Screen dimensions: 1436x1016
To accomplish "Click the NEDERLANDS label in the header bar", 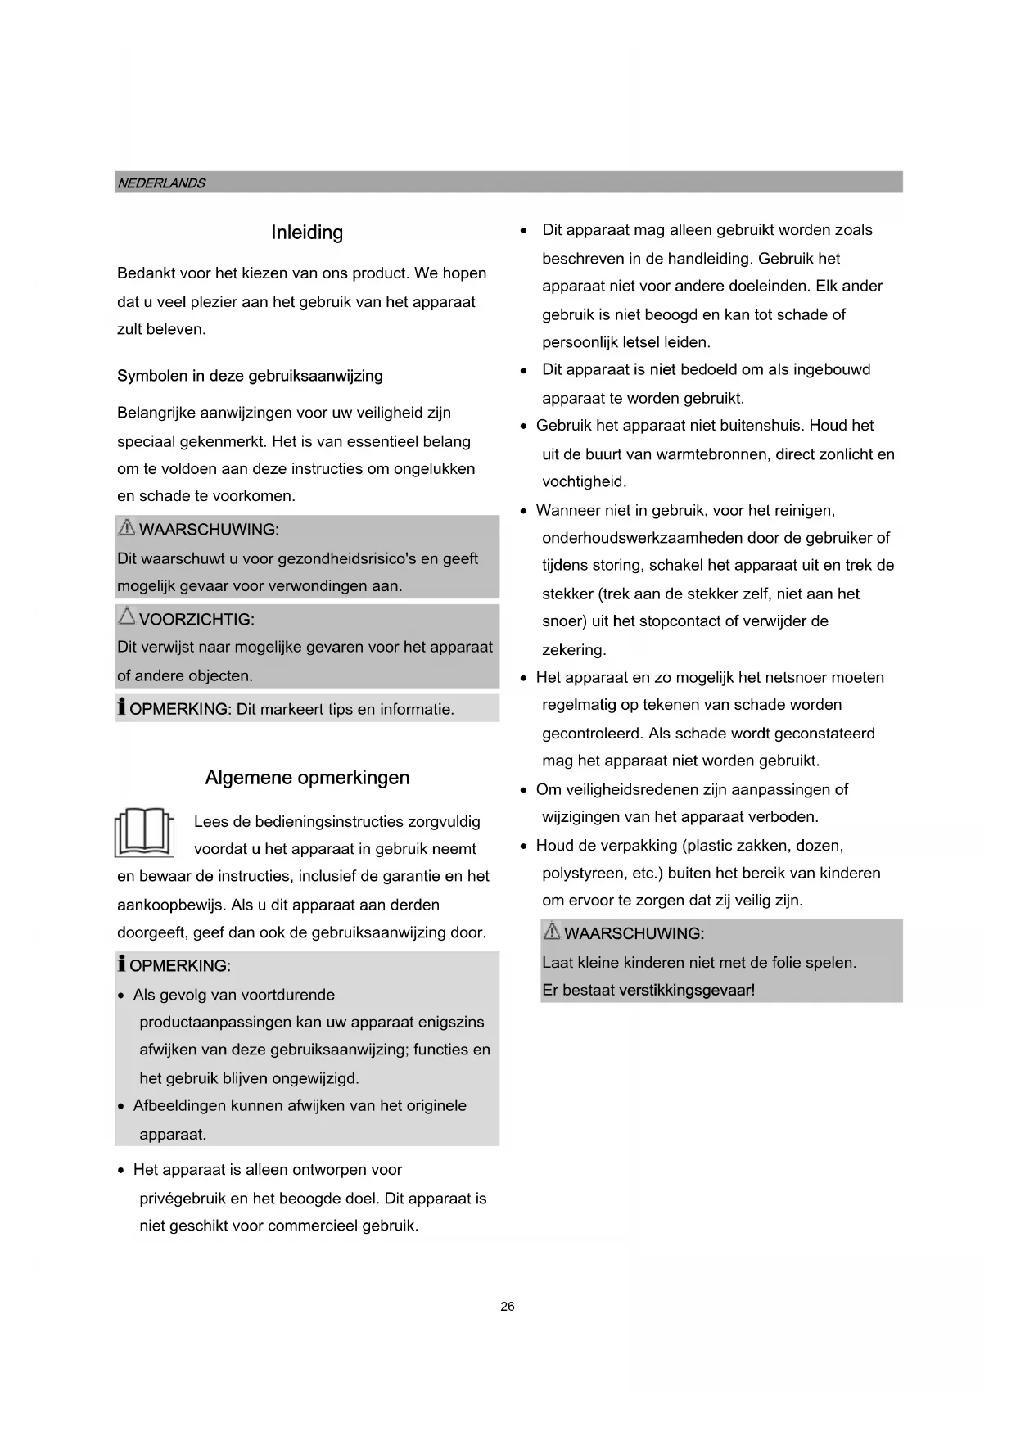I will [x=161, y=183].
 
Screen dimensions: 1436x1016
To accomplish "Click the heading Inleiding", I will [x=307, y=233].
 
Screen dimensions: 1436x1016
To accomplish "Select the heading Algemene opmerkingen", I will [x=307, y=778].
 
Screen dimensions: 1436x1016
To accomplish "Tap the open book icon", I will [x=145, y=833].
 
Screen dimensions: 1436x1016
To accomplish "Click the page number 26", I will [x=508, y=1307].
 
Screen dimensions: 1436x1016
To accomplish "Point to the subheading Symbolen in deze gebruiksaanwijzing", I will [x=250, y=377].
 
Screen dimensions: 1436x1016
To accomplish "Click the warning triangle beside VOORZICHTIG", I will [x=127, y=616].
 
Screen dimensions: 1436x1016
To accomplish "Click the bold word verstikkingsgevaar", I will [x=685, y=991].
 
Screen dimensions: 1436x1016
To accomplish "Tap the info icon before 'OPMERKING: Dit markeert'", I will [x=122, y=707].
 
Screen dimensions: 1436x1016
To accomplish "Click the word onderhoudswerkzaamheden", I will [x=633, y=539].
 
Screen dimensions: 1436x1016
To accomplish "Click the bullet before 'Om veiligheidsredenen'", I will [x=523, y=791].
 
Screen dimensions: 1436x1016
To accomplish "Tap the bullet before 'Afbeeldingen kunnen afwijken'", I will [x=121, y=1107].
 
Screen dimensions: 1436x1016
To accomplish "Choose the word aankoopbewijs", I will [x=169, y=905].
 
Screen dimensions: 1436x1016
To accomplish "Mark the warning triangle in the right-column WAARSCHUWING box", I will [x=553, y=932].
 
